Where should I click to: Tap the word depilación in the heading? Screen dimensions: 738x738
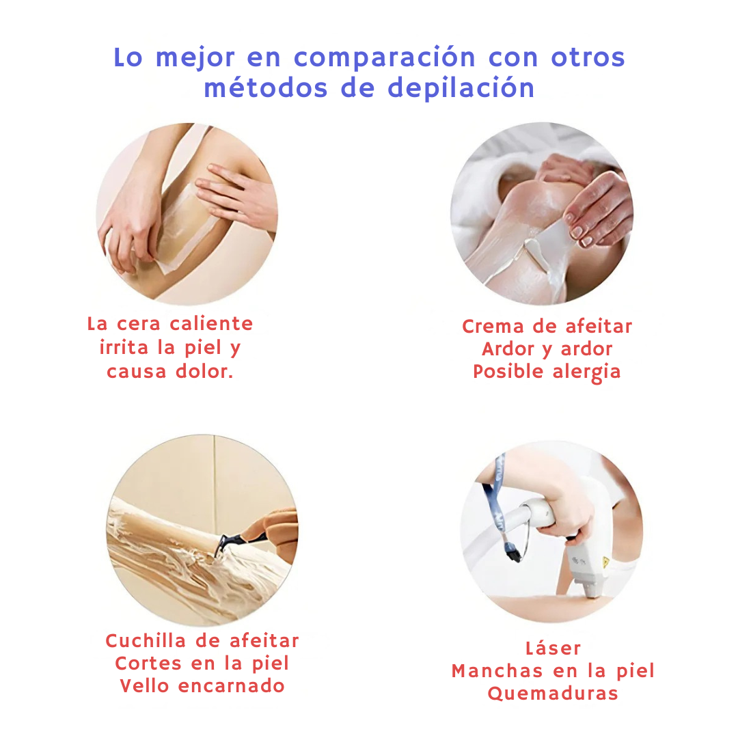461,88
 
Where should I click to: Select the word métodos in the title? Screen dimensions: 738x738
265,87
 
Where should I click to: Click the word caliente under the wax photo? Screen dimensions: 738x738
211,323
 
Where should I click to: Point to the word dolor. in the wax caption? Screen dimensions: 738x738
205,371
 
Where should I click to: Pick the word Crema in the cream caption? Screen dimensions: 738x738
493,326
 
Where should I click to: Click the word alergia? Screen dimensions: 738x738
586,372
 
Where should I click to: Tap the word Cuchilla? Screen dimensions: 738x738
146,640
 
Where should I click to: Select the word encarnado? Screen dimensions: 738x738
232,686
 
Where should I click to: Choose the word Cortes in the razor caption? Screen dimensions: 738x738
148,663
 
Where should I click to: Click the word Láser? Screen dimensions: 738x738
553,648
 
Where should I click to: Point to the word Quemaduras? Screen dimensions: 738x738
553,694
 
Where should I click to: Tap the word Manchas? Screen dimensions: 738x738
497,671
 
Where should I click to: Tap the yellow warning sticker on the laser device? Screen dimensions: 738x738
605,562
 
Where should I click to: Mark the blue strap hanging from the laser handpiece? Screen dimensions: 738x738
497,500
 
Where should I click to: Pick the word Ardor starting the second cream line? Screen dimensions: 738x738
508,348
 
